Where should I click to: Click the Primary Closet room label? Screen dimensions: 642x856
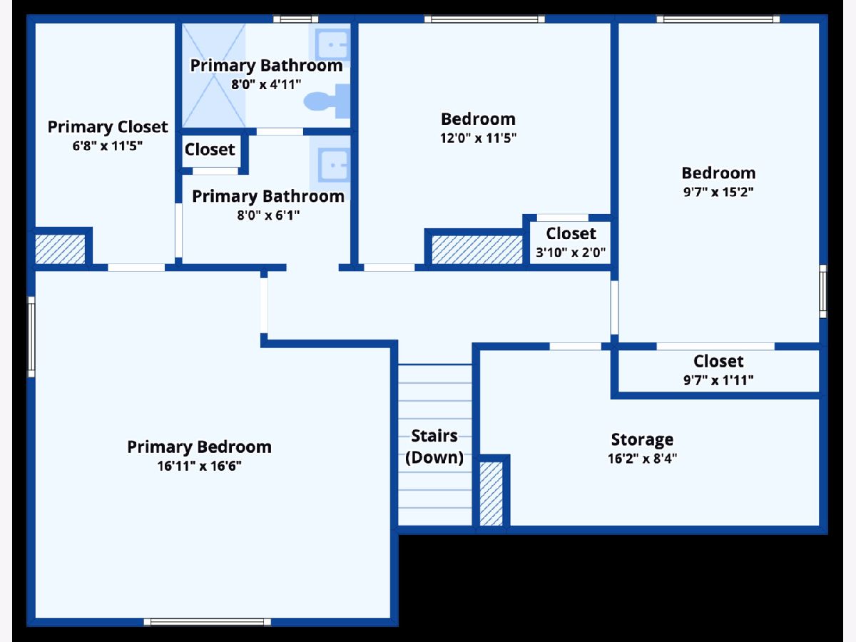[x=108, y=127]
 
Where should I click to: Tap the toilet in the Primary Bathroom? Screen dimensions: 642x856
[x=329, y=101]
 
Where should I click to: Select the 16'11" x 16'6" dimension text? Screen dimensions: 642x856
[x=200, y=467]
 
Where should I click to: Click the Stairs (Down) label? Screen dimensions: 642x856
[x=434, y=447]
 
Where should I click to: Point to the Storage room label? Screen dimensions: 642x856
[x=642, y=439]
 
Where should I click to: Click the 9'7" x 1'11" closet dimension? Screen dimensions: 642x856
[x=718, y=380]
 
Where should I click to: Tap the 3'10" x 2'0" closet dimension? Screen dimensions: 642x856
[x=571, y=251]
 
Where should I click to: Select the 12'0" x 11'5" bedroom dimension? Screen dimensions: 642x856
[x=478, y=138]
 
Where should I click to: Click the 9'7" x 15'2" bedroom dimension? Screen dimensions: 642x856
[x=718, y=192]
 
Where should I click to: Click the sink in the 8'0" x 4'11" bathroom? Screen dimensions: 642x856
[x=332, y=45]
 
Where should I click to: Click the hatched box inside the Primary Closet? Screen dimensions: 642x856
[x=61, y=248]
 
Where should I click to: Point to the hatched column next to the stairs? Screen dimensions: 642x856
[x=491, y=494]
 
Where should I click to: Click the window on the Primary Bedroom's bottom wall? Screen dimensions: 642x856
[x=207, y=622]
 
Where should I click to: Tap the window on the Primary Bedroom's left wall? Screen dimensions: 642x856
[x=31, y=337]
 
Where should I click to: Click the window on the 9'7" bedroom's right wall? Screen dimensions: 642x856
[x=823, y=291]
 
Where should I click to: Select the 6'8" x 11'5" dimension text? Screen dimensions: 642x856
[x=108, y=146]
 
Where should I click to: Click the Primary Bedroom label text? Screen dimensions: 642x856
[x=200, y=447]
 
